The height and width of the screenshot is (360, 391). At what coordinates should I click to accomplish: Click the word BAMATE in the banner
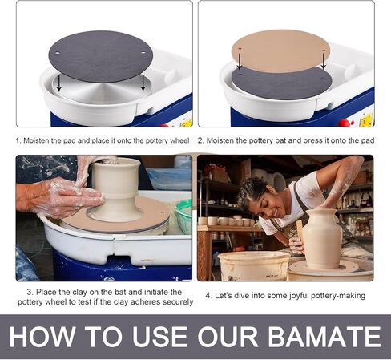[x=324, y=336]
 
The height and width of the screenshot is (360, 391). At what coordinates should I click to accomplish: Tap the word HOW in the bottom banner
[x=42, y=336]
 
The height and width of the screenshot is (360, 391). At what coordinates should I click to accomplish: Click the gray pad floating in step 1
[x=101, y=57]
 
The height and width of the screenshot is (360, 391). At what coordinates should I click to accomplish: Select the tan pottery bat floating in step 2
[x=280, y=51]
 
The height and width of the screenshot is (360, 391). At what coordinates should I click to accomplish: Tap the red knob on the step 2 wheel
[x=344, y=123]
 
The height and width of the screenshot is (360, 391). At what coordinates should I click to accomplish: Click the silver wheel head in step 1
[x=102, y=90]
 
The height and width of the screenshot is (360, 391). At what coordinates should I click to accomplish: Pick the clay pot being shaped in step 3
[x=115, y=188]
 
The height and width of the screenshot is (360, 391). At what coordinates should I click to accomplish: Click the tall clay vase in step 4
[x=322, y=239]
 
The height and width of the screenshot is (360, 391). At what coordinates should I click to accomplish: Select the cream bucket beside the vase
[x=254, y=265]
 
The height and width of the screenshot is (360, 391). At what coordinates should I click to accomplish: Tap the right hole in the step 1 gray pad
[x=143, y=53]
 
